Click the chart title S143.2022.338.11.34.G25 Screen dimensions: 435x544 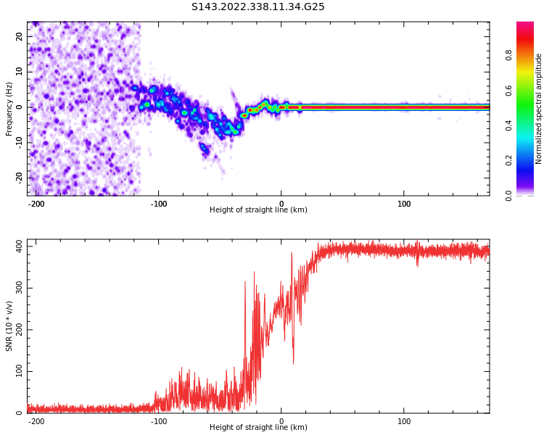(258, 7)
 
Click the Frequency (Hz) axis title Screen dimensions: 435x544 (9, 108)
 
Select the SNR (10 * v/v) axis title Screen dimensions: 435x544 (9, 326)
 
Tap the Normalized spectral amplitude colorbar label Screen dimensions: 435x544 (539, 108)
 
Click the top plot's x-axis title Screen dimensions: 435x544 (258, 210)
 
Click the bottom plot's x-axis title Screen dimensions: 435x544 (258, 428)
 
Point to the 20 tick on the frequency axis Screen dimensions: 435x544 (20, 37)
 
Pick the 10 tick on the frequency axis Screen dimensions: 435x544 (20, 72)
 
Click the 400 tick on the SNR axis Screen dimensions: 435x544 (16, 246)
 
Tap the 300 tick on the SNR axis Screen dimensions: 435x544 (16, 289)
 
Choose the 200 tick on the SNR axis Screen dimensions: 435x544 (16, 330)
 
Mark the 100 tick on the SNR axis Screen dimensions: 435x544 (16, 372)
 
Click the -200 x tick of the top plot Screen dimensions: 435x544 (36, 204)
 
